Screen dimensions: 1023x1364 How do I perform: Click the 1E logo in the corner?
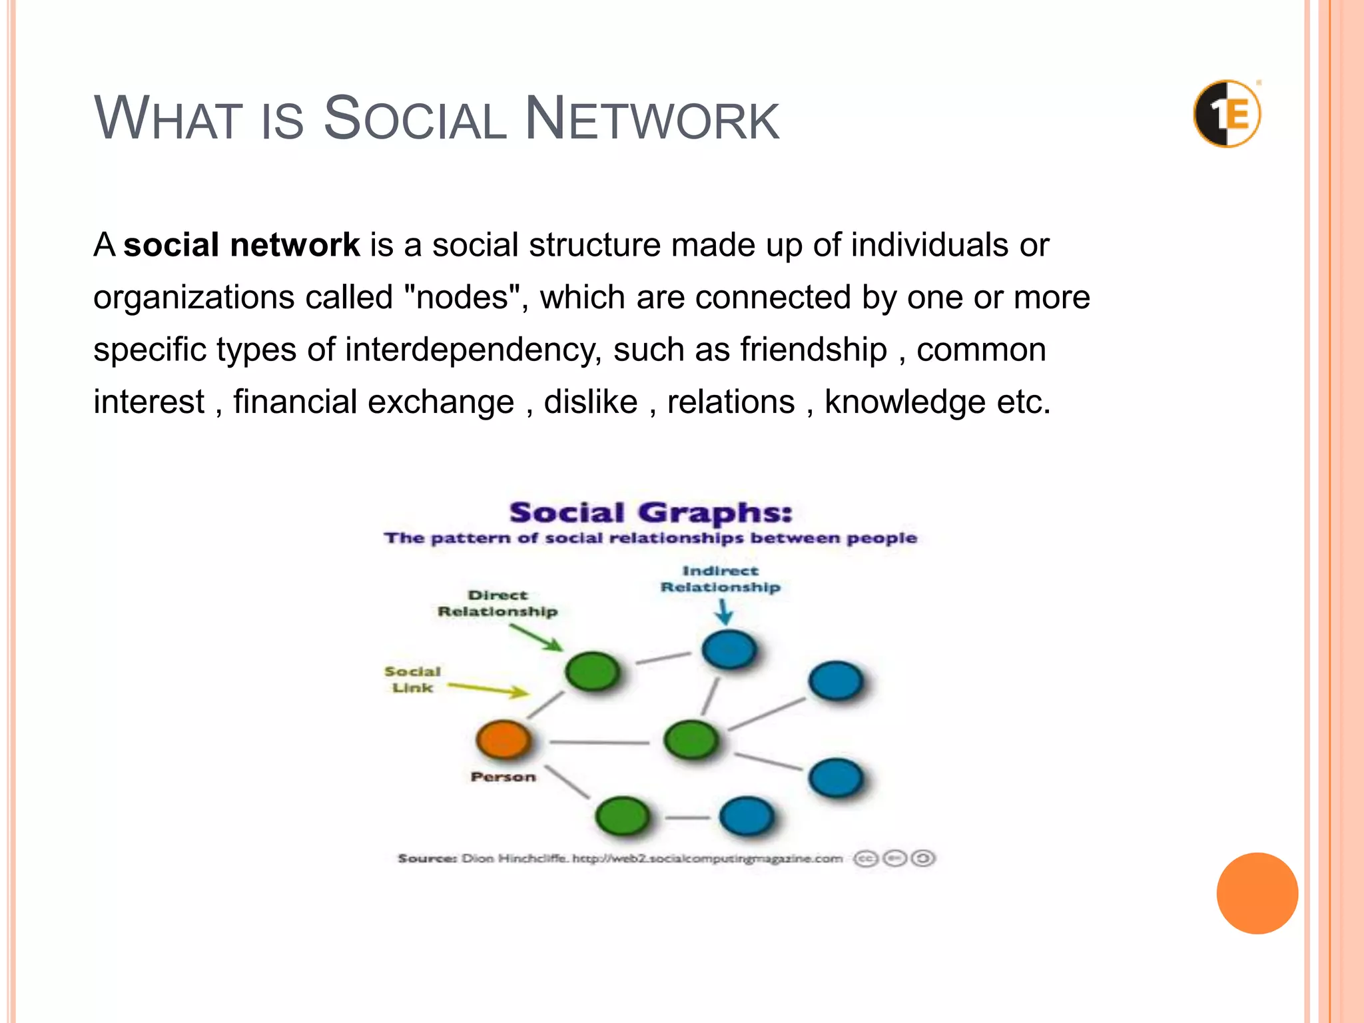(1227, 114)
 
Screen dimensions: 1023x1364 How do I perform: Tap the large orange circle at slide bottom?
(1257, 893)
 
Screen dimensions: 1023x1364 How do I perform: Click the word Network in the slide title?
(651, 119)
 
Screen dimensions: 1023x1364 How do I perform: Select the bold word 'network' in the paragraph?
(294, 244)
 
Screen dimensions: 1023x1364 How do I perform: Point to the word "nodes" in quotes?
(462, 297)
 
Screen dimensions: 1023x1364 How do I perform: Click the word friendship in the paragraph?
(813, 350)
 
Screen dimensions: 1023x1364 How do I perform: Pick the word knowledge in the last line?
(904, 402)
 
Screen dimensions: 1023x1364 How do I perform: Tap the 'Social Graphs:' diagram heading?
(651, 513)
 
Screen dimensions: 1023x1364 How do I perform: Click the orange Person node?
(504, 739)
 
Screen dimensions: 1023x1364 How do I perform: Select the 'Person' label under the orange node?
(503, 777)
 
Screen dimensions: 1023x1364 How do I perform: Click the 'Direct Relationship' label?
(498, 603)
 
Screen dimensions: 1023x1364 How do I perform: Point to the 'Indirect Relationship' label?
(720, 579)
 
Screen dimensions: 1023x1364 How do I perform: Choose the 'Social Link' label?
(412, 679)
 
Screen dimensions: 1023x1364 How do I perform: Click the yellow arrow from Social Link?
(488, 689)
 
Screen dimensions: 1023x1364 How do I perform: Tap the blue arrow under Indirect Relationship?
(724, 611)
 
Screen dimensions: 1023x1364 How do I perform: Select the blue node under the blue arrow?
(729, 650)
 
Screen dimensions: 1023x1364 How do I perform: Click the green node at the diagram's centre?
(691, 739)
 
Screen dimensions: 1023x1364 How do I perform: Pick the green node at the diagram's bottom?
(622, 816)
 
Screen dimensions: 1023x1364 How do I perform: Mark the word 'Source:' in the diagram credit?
(426, 858)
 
